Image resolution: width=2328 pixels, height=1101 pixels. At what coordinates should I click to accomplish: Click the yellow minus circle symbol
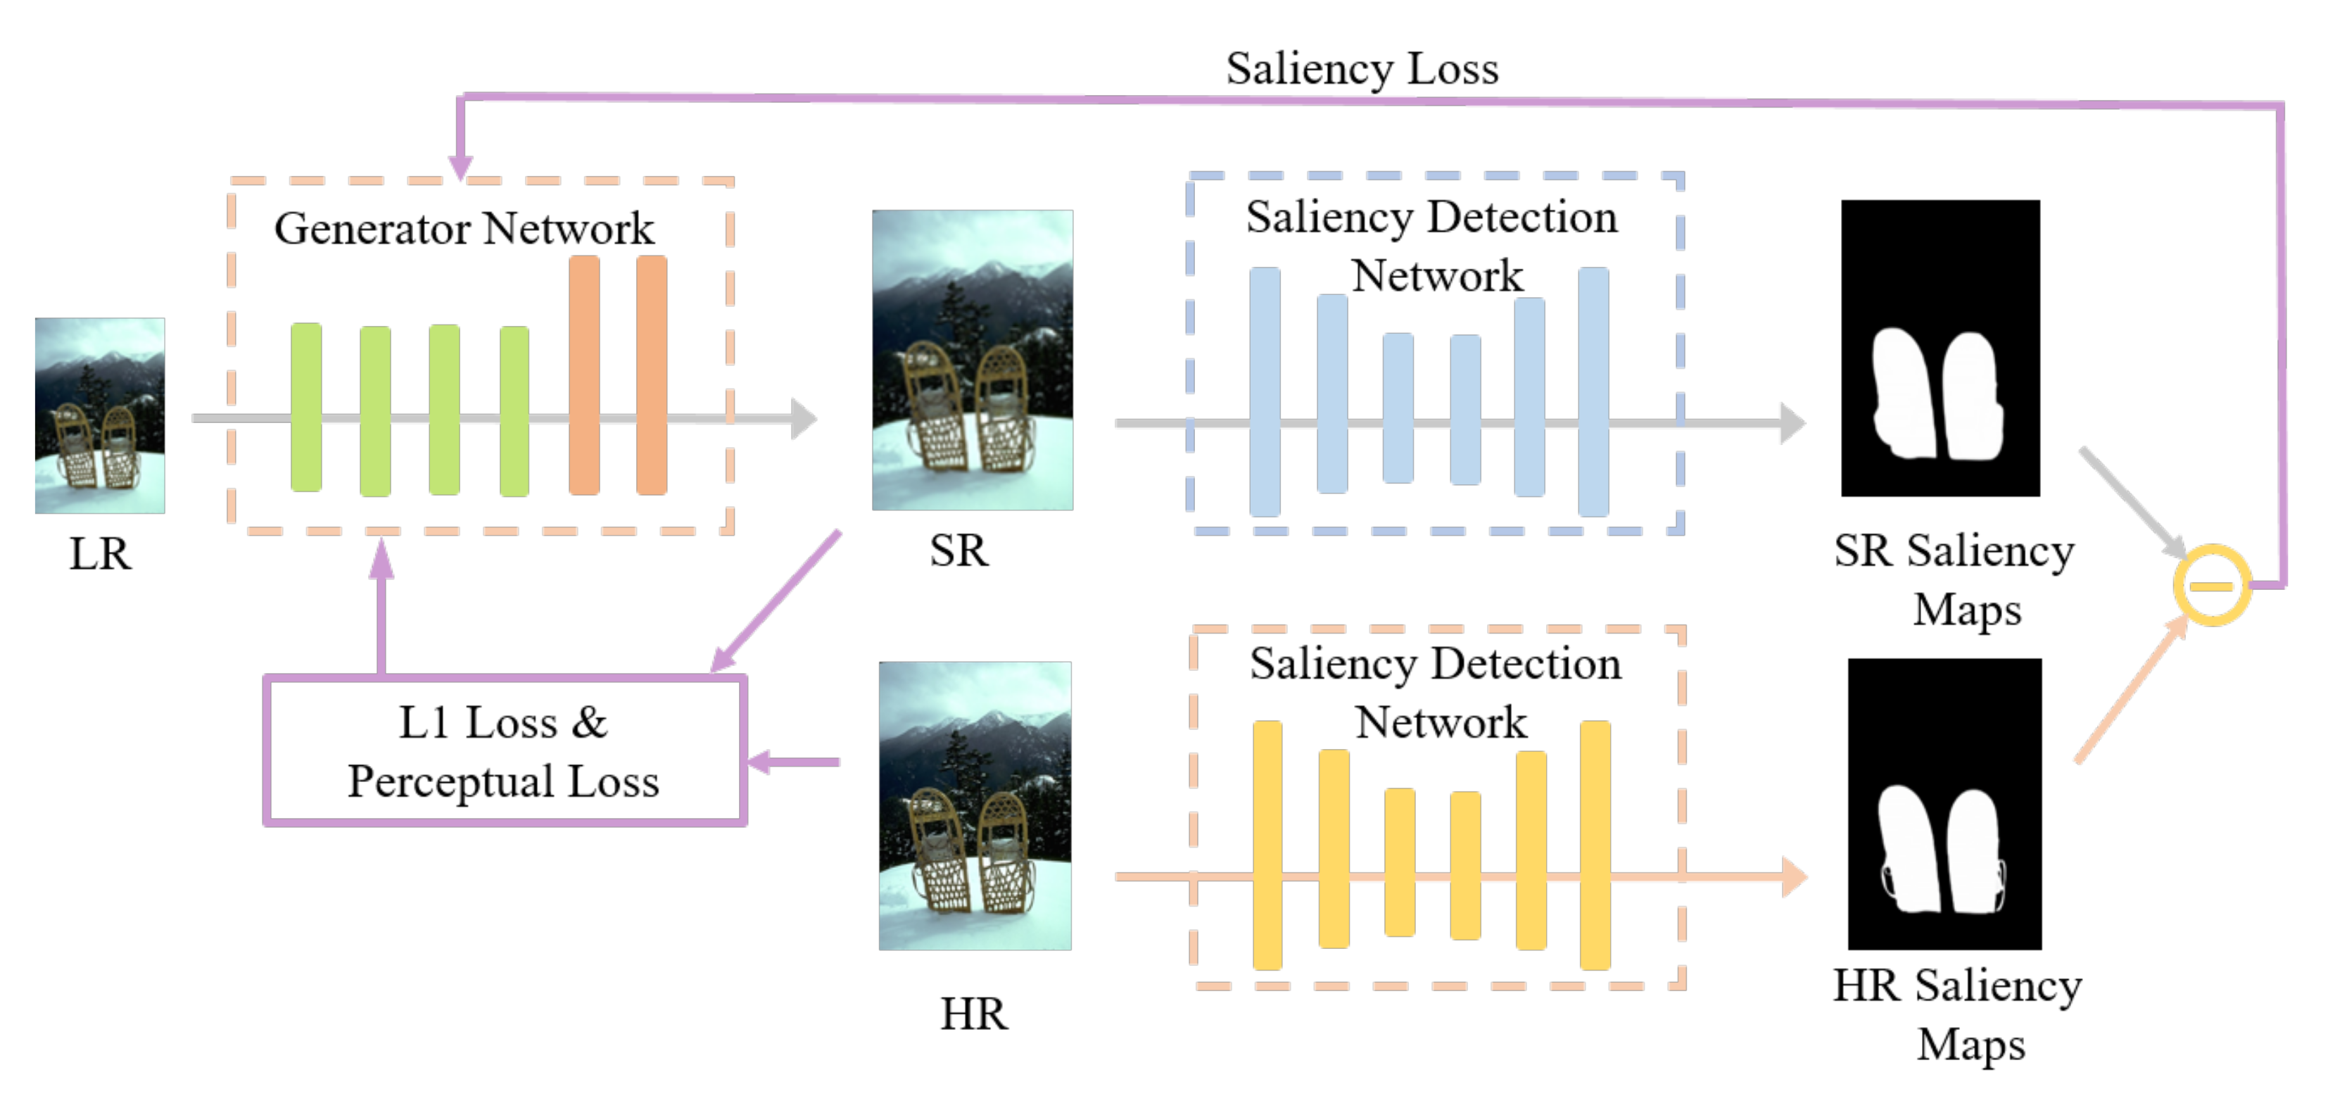pyautogui.click(x=2210, y=585)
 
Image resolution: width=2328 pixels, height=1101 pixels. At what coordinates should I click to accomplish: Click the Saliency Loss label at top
pyautogui.click(x=1361, y=69)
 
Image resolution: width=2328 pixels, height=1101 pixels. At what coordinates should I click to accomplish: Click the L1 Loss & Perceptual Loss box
pyautogui.click(x=505, y=751)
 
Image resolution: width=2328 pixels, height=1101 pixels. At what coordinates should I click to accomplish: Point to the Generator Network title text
pyautogui.click(x=464, y=228)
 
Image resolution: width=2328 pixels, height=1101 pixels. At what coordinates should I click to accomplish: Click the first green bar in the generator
pyautogui.click(x=306, y=407)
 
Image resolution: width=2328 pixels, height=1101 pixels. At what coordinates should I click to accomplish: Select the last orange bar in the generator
pyautogui.click(x=651, y=375)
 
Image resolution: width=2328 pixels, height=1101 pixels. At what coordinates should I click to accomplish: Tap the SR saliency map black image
pyautogui.click(x=1940, y=348)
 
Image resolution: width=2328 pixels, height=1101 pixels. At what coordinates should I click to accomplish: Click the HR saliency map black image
pyautogui.click(x=1944, y=804)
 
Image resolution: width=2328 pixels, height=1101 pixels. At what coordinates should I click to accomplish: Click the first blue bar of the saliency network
pyautogui.click(x=1265, y=391)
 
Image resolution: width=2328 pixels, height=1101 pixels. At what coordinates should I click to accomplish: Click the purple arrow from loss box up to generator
pyautogui.click(x=381, y=605)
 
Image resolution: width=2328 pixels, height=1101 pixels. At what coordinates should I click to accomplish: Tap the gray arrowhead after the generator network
pyautogui.click(x=802, y=419)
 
